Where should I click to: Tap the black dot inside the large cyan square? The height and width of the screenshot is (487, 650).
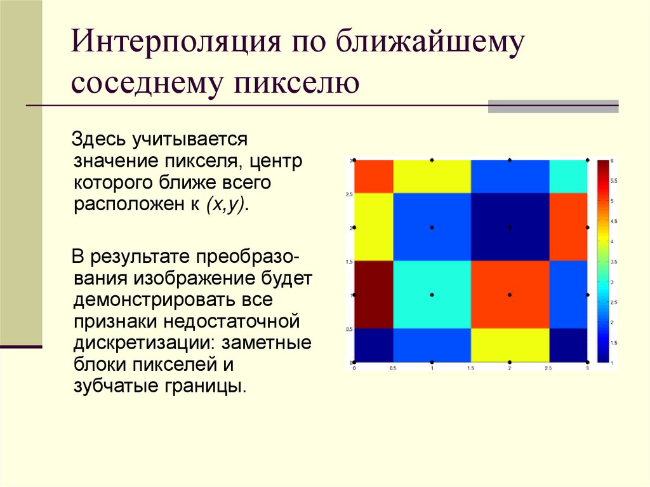pyautogui.click(x=432, y=295)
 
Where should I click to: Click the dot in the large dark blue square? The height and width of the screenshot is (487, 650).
pyautogui.click(x=510, y=227)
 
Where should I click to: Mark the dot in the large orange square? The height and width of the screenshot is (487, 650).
pyautogui.click(x=510, y=295)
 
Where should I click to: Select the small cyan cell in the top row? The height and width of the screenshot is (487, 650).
pyautogui.click(x=568, y=177)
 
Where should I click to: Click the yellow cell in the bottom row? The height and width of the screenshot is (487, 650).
pyautogui.click(x=510, y=345)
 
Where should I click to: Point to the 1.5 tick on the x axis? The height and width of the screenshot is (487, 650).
pyautogui.click(x=470, y=368)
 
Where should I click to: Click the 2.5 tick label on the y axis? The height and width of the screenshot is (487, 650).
pyautogui.click(x=349, y=194)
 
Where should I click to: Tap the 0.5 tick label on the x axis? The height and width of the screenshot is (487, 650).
pyautogui.click(x=393, y=368)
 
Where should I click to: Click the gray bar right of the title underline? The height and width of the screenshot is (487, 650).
pyautogui.click(x=553, y=106)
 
